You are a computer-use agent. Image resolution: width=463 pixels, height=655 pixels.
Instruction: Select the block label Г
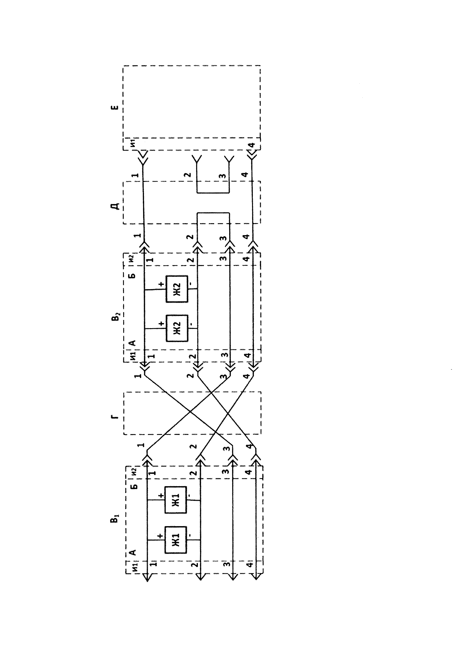(x=115, y=417)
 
